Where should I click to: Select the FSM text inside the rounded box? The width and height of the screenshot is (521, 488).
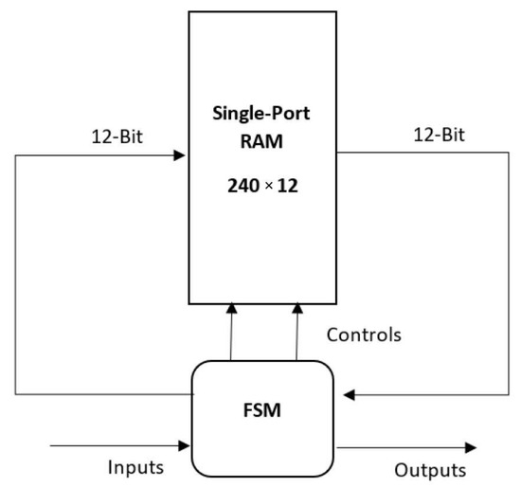tap(263, 413)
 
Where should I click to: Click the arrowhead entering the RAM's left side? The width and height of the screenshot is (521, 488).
tap(180, 155)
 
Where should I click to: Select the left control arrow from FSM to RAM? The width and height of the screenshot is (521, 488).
tap(230, 332)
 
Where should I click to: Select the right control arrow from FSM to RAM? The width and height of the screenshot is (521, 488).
tap(297, 332)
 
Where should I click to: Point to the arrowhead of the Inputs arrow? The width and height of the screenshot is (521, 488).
tap(187, 443)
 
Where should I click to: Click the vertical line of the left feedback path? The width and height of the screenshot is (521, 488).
tap(16, 275)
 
